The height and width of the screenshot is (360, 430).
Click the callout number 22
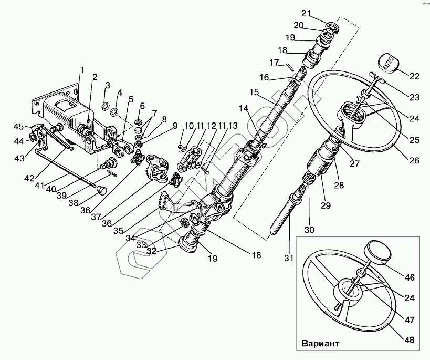[415, 76]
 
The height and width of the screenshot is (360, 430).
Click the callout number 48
[410, 341]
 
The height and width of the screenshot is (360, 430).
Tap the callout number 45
[18, 126]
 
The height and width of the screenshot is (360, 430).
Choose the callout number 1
[82, 70]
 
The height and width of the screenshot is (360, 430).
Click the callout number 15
[255, 92]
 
